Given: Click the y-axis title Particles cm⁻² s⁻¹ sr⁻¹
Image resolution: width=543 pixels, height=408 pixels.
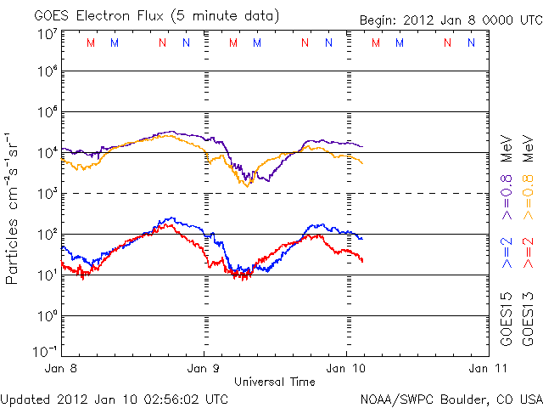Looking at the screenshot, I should coord(12,207).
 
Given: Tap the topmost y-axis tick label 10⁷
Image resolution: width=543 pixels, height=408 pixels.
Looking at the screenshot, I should coord(48,34).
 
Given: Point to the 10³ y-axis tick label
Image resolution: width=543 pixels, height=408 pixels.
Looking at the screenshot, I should coord(48,193).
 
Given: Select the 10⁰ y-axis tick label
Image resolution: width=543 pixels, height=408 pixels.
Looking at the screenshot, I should coord(48,315).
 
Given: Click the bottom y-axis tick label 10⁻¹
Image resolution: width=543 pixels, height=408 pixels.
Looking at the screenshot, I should coord(46,349).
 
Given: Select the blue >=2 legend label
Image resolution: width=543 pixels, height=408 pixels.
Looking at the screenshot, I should coord(506,252).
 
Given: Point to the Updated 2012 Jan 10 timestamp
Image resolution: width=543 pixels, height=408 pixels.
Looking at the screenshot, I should coord(115,397).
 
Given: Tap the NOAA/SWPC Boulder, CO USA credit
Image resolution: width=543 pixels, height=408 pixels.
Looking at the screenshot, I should coord(451,397).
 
